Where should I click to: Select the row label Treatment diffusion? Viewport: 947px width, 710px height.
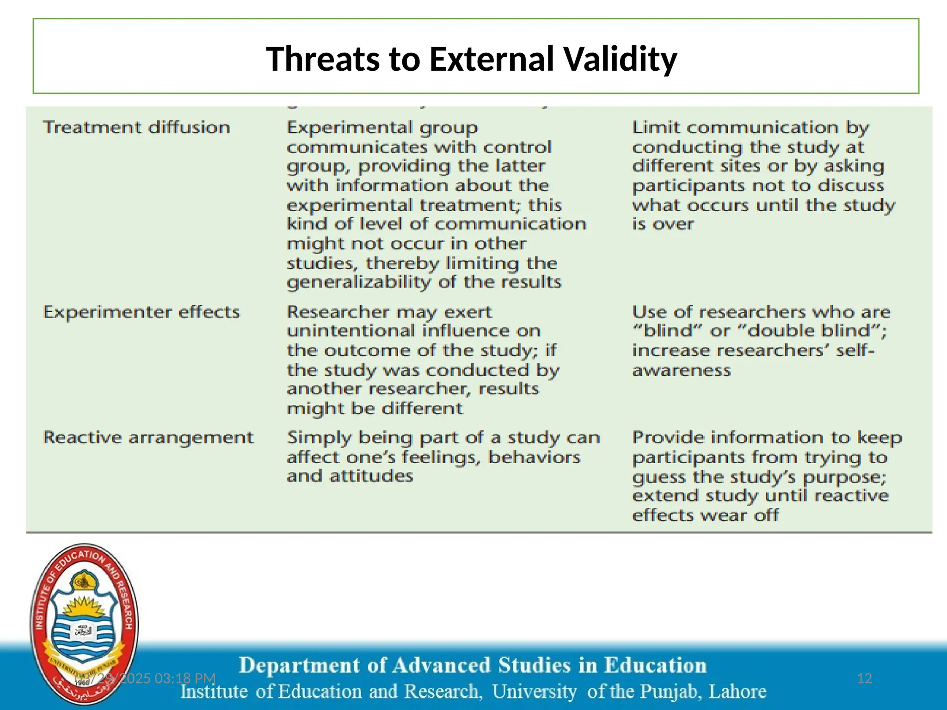[136, 127]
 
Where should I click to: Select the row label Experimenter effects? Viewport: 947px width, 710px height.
[141, 312]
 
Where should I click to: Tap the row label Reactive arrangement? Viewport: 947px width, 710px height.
[148, 437]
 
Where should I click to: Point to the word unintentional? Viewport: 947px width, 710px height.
[351, 331]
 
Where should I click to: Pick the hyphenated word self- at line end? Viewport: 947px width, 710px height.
[855, 350]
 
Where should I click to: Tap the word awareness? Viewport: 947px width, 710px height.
[681, 370]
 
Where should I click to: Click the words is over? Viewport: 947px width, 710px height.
[663, 224]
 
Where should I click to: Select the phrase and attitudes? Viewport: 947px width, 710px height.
[350, 476]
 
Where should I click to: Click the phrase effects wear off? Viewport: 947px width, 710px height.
[705, 515]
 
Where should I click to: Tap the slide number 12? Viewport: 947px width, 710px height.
[864, 679]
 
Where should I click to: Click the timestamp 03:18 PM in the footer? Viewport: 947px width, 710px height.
[185, 679]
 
